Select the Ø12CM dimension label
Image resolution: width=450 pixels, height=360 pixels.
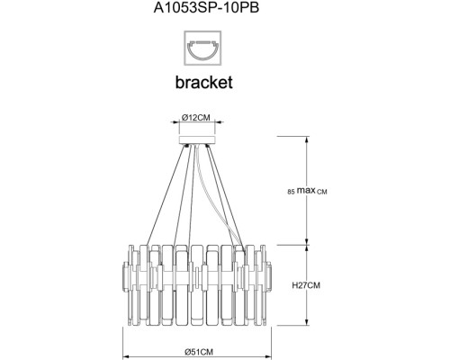[197, 119]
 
